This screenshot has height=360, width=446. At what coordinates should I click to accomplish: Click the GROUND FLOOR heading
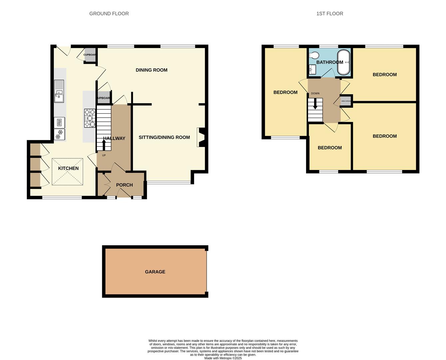point(109,14)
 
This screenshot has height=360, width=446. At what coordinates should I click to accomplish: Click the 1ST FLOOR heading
point(329,14)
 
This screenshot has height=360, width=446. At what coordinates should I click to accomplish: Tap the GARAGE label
point(155,272)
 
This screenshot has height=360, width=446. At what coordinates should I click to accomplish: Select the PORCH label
point(124,185)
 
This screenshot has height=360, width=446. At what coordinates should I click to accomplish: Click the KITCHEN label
point(68,168)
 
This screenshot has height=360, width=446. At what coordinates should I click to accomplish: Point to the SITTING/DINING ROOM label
point(164,137)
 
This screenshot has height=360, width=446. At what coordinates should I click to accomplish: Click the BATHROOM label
point(329,62)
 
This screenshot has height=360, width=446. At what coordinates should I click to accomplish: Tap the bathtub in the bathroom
point(344,62)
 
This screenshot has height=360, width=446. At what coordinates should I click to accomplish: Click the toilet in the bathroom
point(314,55)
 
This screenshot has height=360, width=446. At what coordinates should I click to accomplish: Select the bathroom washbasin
point(312,69)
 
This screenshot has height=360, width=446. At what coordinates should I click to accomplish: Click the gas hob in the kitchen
point(90,118)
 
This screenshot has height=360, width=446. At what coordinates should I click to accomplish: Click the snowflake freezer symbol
point(59,135)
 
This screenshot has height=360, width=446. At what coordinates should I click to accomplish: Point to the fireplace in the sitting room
point(201,137)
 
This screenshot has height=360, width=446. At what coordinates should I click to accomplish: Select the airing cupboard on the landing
point(346,101)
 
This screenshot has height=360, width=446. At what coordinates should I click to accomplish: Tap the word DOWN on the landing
point(315,93)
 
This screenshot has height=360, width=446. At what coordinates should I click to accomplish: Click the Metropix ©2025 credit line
point(223,358)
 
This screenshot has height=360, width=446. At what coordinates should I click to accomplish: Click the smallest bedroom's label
point(329,148)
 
